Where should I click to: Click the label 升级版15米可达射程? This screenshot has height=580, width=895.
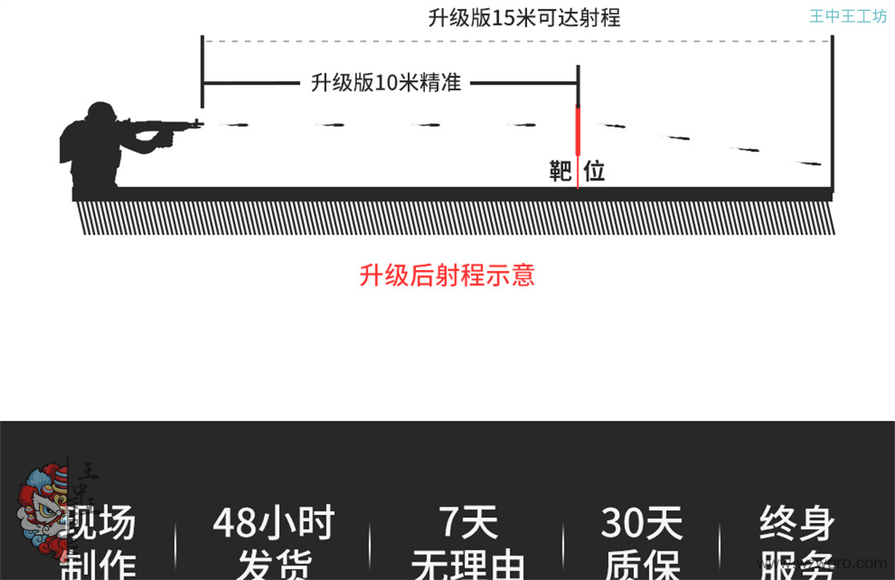(524, 18)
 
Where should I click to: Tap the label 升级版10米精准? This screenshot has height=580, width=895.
(385, 83)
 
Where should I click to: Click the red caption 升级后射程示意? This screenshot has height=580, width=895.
(447, 275)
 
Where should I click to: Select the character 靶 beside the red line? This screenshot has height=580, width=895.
(561, 172)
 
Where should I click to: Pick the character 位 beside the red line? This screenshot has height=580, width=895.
(594, 172)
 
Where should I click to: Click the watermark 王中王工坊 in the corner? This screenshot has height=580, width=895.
(848, 17)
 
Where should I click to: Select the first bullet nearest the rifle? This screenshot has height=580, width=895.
(235, 125)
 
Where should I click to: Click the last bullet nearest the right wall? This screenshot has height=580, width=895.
(810, 163)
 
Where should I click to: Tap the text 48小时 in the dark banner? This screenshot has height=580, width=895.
(273, 524)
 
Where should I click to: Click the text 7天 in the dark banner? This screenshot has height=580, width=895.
(468, 524)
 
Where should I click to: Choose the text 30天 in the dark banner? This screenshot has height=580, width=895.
(641, 524)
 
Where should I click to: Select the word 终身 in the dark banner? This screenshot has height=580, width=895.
(796, 524)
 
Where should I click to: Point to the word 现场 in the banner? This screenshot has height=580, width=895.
(101, 524)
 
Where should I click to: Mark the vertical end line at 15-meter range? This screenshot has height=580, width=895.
(832, 112)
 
